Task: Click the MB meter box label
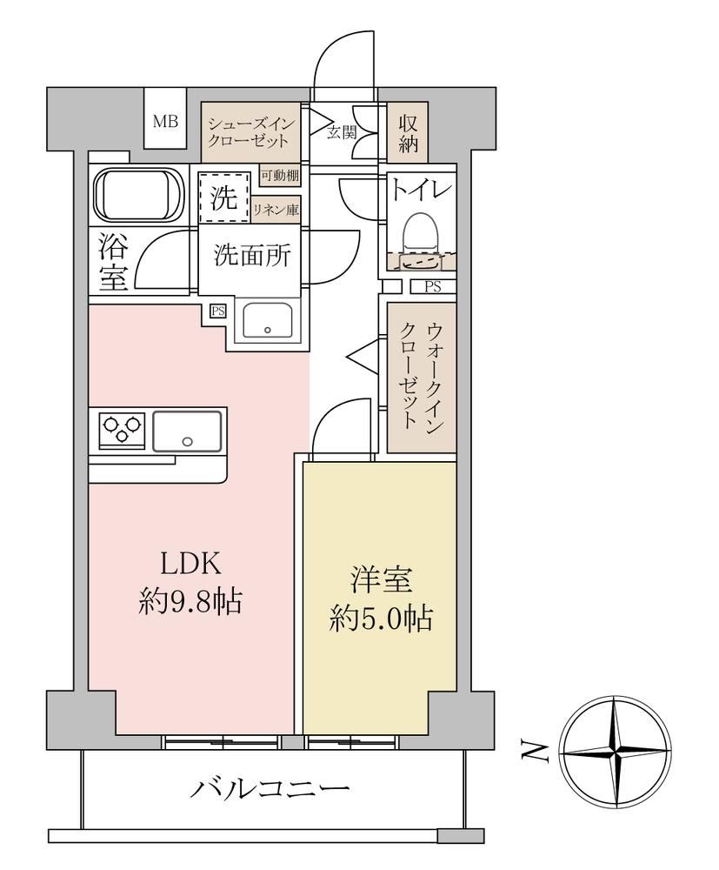[165, 121]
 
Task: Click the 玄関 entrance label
[341, 132]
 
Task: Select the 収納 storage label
[408, 134]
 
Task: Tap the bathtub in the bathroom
[132, 195]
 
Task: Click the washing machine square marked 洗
[223, 198]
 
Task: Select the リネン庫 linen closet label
[276, 210]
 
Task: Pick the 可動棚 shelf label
[280, 176]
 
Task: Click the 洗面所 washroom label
[251, 256]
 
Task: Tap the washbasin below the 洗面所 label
[268, 320]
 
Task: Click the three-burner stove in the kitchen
[122, 430]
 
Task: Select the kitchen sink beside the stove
[187, 431]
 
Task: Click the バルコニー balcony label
[270, 788]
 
